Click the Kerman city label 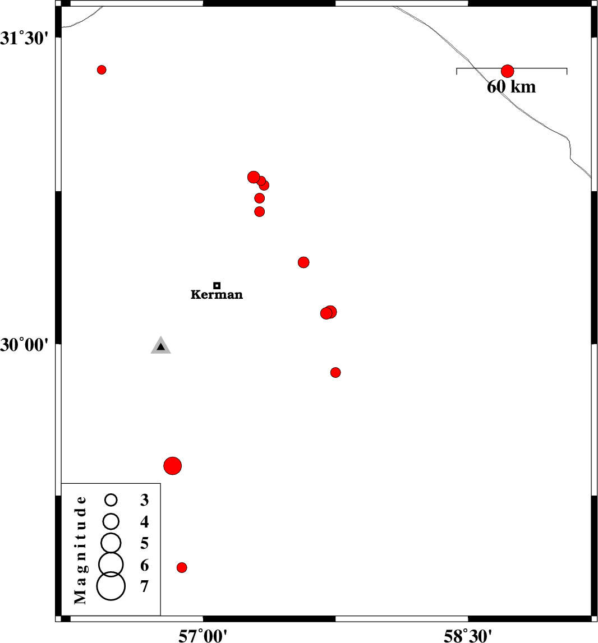click(217, 294)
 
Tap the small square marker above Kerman click(217, 285)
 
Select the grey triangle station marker click(160, 346)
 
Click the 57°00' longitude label click(203, 635)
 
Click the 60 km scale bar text click(511, 87)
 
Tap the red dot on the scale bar click(508, 71)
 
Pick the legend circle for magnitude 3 click(111, 499)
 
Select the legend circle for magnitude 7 click(111, 586)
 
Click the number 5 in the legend click(145, 543)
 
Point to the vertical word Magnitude click(81, 550)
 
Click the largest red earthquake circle click(173, 465)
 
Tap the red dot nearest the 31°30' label click(102, 70)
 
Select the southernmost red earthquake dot click(182, 567)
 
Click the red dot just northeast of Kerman click(303, 262)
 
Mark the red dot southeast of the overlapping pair click(335, 372)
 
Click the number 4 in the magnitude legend click(145, 522)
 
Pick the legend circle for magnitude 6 click(111, 563)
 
